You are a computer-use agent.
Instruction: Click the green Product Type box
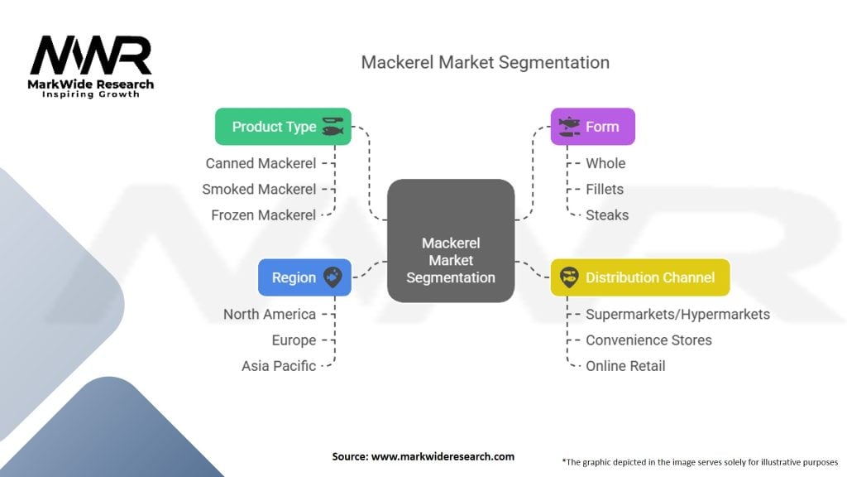click(x=283, y=127)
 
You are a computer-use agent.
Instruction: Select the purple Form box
click(x=592, y=127)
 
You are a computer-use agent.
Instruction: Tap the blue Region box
click(x=304, y=277)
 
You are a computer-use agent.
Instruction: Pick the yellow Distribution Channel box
click(x=639, y=277)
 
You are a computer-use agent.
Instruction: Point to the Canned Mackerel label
click(x=261, y=163)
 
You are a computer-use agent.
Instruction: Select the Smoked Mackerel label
click(x=259, y=189)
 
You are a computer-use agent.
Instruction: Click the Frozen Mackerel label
click(x=263, y=215)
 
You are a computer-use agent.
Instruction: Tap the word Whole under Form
click(x=605, y=163)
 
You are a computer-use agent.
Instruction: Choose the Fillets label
click(x=605, y=189)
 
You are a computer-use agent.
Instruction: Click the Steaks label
click(x=607, y=215)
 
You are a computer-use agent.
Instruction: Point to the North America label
click(x=270, y=314)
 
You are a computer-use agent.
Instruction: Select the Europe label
click(x=294, y=340)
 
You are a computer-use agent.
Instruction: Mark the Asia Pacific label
click(x=279, y=365)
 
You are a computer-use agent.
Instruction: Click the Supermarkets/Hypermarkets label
click(x=677, y=314)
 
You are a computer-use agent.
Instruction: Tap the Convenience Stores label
click(x=648, y=340)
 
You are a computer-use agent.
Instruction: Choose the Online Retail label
click(x=625, y=365)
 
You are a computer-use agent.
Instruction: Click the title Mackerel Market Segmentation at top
click(x=485, y=63)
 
